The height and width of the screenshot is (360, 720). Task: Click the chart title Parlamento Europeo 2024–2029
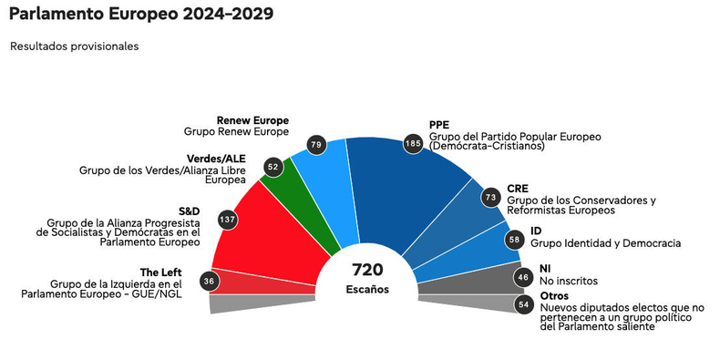141,14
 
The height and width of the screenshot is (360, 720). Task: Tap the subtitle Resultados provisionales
75,46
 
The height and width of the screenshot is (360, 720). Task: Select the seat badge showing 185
413,144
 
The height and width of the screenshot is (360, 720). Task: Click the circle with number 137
227,219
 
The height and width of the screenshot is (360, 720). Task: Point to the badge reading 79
316,145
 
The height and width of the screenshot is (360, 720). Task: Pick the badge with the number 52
273,167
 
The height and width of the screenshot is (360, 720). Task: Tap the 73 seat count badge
490,198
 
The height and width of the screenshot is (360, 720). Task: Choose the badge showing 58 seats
514,239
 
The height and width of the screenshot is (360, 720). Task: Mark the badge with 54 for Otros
524,304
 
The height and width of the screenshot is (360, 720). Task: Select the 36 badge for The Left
210,281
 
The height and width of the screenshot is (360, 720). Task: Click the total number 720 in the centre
367,270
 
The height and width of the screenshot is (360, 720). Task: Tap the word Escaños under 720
367,289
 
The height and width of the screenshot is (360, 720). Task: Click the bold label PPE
439,125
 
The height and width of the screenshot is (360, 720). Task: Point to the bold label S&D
190,211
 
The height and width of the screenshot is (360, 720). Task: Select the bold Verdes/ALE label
216,159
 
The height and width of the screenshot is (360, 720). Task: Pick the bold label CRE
518,189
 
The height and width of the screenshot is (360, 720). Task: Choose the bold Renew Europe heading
253,121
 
